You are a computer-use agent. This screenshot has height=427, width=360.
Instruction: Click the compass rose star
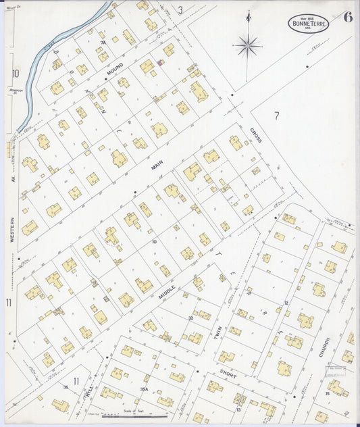[248, 45]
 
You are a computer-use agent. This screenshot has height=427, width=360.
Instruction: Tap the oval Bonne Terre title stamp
[310, 23]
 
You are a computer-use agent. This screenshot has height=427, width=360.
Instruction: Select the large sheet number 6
[347, 18]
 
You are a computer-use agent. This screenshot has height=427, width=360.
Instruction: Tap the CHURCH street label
[325, 347]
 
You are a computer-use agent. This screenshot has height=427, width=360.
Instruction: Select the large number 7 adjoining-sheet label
[276, 116]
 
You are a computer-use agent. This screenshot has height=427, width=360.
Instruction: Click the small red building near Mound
[160, 63]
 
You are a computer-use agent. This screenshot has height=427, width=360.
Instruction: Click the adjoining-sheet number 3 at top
[180, 9]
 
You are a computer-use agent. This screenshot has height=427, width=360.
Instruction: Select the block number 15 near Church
[327, 393]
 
